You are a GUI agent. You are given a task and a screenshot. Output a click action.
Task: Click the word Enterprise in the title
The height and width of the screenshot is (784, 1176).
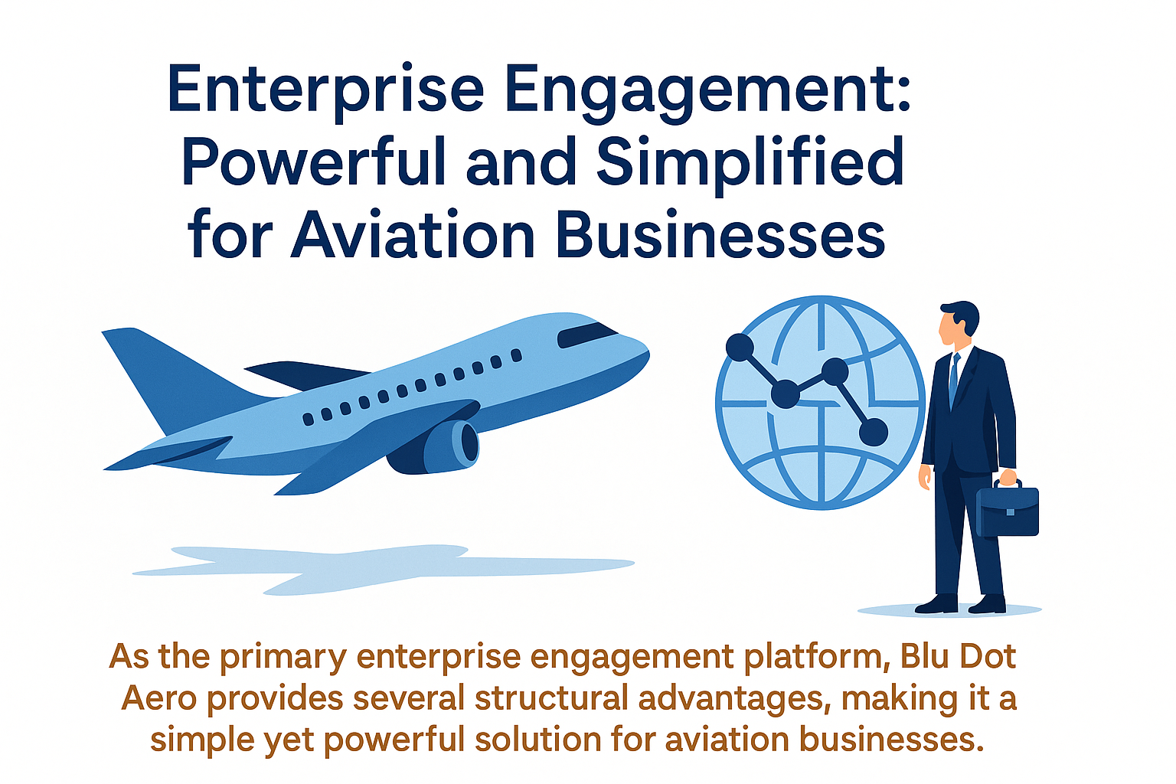325,90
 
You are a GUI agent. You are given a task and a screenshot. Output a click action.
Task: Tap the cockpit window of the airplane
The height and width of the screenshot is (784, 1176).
586,334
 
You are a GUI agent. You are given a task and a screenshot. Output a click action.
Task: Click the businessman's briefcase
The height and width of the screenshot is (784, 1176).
1007,509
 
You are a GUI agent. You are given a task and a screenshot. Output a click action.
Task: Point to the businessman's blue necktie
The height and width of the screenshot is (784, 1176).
953,379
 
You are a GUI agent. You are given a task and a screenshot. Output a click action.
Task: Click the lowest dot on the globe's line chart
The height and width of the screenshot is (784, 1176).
873,432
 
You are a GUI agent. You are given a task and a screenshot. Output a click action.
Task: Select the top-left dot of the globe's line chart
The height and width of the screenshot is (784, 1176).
740,347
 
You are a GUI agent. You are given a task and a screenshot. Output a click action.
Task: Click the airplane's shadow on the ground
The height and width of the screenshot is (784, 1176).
384,570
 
